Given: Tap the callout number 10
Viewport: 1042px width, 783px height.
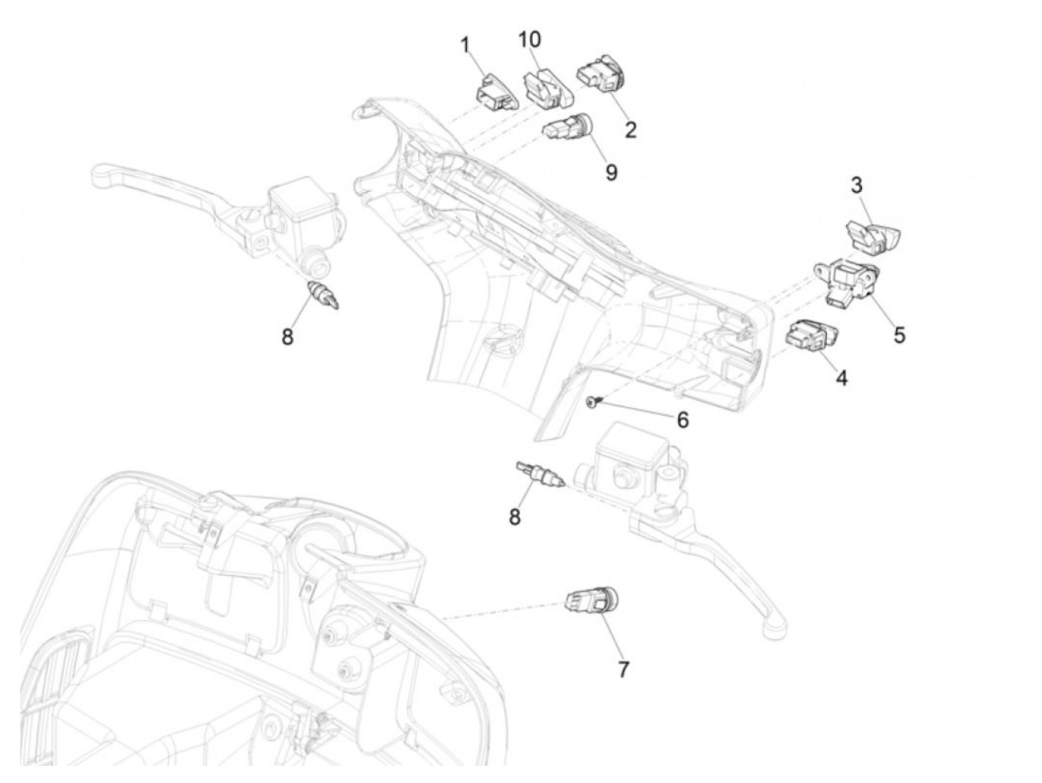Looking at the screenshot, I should (x=529, y=39).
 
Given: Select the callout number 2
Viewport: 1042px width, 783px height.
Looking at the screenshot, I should (x=630, y=130).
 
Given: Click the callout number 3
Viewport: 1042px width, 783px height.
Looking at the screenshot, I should (x=857, y=185).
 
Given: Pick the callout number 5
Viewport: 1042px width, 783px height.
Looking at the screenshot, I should (x=899, y=336).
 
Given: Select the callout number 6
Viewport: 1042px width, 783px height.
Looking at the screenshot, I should (x=682, y=421).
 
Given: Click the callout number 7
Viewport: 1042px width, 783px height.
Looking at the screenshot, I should (x=623, y=670).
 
